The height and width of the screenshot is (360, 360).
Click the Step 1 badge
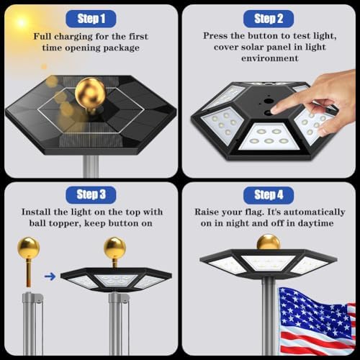click(x=91, y=19)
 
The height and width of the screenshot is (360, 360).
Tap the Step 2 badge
click(x=269, y=19)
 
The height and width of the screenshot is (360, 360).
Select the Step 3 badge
click(x=91, y=194)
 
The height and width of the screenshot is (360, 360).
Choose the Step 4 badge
click(x=269, y=194)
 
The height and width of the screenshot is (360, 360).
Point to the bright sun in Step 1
click(x=22, y=23)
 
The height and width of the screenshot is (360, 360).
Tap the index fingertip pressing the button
click(x=275, y=110)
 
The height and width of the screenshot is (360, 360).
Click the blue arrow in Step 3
click(x=50, y=276)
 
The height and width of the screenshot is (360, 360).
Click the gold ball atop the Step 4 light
click(x=269, y=243)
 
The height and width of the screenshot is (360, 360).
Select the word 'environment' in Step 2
click(x=270, y=58)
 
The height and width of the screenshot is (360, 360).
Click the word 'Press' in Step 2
click(x=215, y=36)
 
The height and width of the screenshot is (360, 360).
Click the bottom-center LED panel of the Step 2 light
click(x=269, y=136)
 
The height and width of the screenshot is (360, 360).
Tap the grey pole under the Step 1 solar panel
click(x=91, y=166)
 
